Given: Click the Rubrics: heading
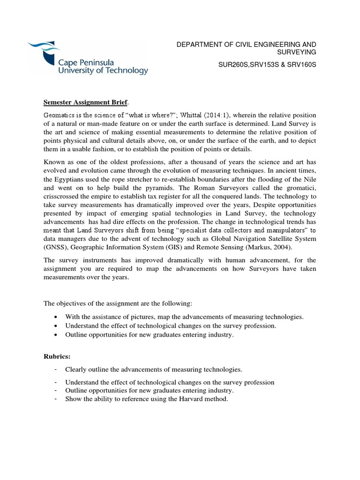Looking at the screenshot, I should (57, 357).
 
